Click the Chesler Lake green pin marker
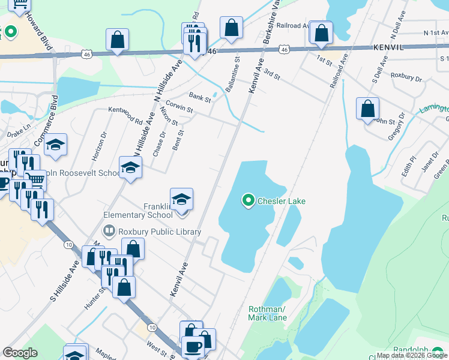pyautogui.click(x=249, y=200)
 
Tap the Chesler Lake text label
pyautogui.click(x=281, y=201)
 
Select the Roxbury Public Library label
pyautogui.click(x=160, y=232)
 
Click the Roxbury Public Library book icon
pyautogui.click(x=109, y=230)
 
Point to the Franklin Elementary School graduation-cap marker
pyautogui.click(x=181, y=200)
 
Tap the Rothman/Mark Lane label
pyautogui.click(x=267, y=313)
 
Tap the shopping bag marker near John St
pyautogui.click(x=367, y=109)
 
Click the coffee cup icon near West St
pyautogui.click(x=193, y=347)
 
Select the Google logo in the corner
pyautogui.click(x=20, y=353)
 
